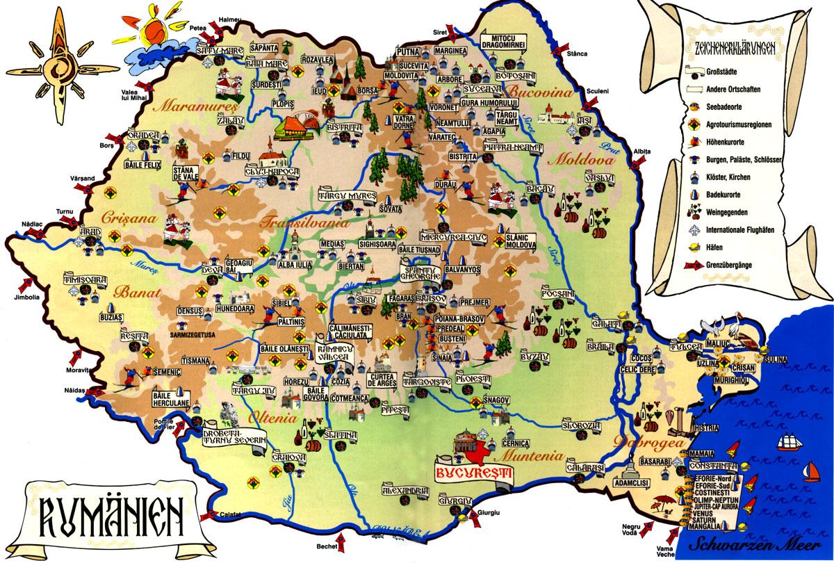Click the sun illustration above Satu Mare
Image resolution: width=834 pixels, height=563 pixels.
(157, 28)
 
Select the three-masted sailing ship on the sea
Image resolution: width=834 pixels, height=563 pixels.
(792, 441)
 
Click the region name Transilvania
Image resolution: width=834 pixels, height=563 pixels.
(303, 224)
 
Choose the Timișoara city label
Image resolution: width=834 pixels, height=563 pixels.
(85, 280)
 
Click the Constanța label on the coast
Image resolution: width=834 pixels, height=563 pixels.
(714, 465)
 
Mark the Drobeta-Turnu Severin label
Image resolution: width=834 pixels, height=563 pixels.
(234, 436)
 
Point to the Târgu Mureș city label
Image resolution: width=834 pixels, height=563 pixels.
(347, 196)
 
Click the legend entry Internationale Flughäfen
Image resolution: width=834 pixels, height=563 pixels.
(745, 229)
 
